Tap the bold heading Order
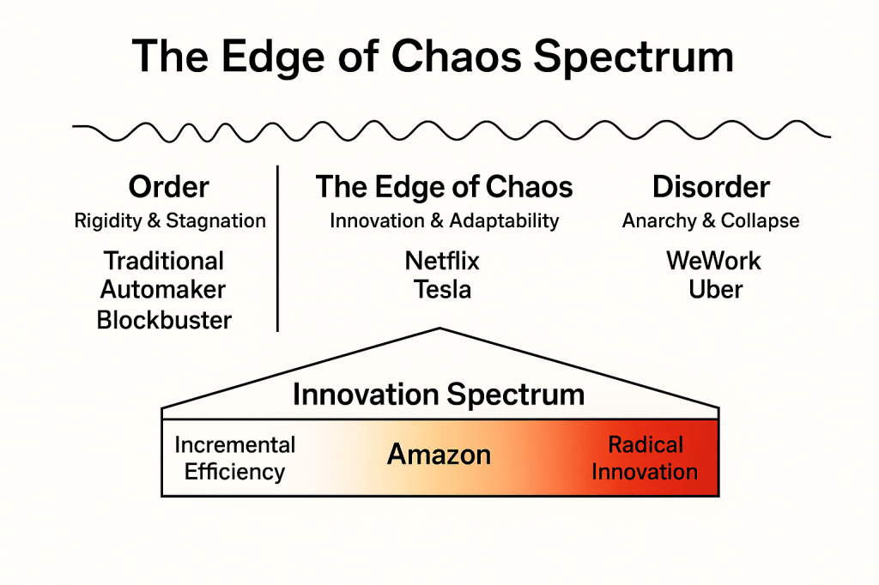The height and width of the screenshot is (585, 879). coord(169,187)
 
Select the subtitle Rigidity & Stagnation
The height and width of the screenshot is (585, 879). coord(170,221)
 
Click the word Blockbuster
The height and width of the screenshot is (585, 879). coord(164,321)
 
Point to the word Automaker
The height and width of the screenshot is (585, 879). coord(162,290)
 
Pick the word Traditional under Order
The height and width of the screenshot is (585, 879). coord(164,261)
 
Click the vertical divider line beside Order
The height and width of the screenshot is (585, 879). coord(278,249)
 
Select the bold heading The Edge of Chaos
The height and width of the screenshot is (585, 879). coord(444,187)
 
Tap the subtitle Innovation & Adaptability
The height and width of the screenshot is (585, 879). coord(444,221)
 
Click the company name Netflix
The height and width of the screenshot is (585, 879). coord(442,261)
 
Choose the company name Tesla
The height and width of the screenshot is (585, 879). coord(442,290)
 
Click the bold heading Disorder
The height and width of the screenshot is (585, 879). coord(711,187)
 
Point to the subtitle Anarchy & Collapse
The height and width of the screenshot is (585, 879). coord(711,221)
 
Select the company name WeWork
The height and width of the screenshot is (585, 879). coord(713,261)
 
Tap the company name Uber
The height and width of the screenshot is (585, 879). coord(715,290)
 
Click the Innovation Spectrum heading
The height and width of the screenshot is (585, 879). coord(439,395)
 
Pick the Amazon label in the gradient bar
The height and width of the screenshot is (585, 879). coord(439,455)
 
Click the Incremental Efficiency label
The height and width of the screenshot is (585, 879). coord(234,458)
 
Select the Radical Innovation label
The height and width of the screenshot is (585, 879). coord(645,458)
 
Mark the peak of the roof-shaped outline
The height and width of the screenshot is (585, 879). coord(439,329)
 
